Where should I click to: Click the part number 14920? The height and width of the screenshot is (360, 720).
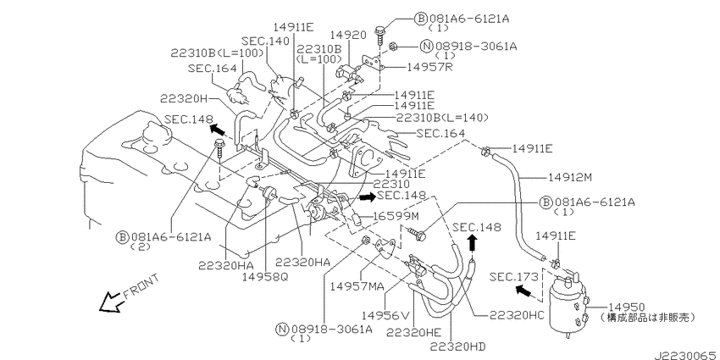point(348,36)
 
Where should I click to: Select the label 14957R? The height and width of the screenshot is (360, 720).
point(430,67)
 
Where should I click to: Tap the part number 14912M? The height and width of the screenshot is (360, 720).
point(571,177)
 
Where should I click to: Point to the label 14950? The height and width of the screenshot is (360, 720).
point(627,307)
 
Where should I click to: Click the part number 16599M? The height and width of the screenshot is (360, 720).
point(396,215)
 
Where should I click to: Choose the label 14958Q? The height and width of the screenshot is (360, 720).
point(265,277)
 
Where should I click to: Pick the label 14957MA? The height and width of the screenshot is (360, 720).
point(357,286)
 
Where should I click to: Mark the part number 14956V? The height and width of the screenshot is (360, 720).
point(385,315)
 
